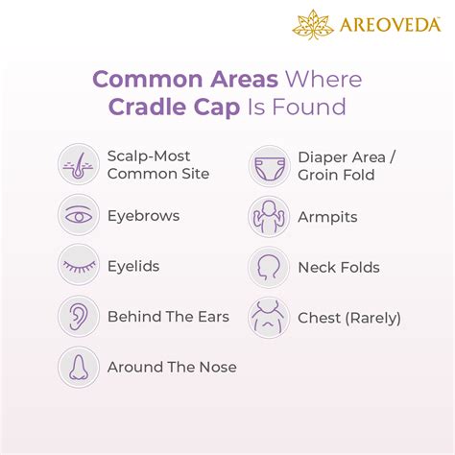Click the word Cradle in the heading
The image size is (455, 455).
tap(152, 107)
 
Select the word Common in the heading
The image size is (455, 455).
tap(141, 78)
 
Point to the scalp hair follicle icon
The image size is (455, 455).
tap(77, 164)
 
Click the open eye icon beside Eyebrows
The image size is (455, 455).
tap(77, 216)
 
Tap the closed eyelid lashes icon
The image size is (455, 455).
tap(77, 266)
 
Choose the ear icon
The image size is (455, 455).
tap(77, 317)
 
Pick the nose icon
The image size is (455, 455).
tap(77, 367)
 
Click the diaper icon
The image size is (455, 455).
tap(268, 165)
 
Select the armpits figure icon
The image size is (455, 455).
tap(268, 216)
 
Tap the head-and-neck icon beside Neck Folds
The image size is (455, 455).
tap(268, 267)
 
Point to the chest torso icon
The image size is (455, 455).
tap(268, 317)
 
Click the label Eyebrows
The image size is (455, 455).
tap(143, 216)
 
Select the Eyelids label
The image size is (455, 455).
tap(133, 267)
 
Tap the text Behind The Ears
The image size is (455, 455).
tap(168, 317)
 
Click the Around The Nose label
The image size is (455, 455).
tap(172, 367)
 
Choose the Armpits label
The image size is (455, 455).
tap(327, 217)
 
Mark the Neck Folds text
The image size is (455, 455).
tap(339, 268)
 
